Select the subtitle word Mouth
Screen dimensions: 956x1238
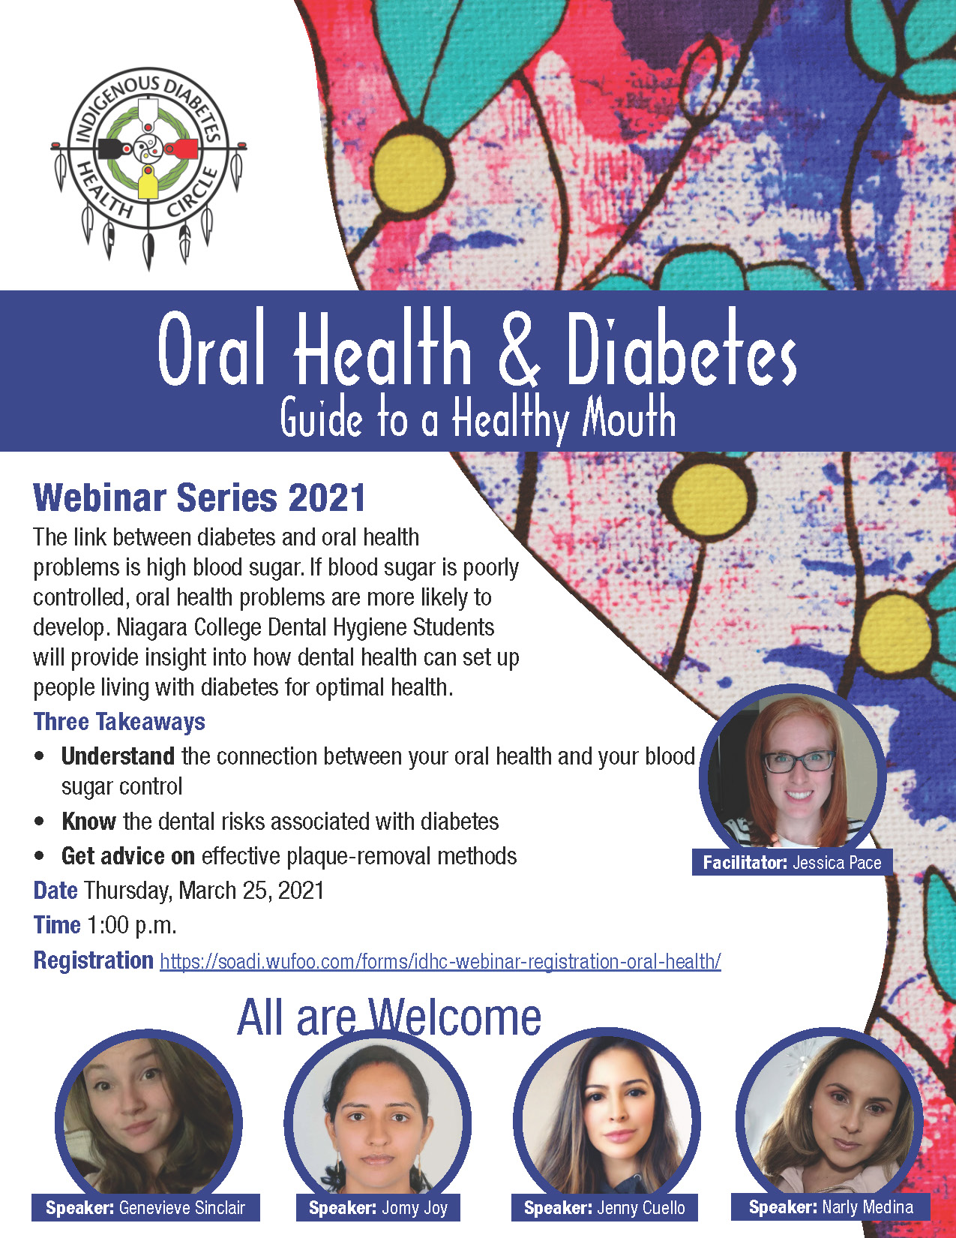(x=628, y=419)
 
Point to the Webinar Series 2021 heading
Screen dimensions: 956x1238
(x=199, y=498)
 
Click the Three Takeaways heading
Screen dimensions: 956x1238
(x=119, y=721)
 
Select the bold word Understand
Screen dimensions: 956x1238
(x=118, y=756)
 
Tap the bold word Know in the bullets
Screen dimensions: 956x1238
(x=88, y=821)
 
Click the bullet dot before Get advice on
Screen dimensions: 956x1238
(x=39, y=855)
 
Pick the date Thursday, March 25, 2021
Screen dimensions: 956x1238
(x=205, y=891)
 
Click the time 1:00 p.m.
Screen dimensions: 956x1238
(x=131, y=925)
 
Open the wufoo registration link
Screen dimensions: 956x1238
(x=440, y=961)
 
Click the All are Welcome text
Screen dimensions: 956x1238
(x=389, y=1017)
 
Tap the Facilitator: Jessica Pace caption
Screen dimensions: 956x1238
(x=792, y=863)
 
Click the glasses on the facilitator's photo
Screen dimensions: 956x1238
(x=799, y=762)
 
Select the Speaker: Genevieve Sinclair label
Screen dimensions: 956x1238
(x=145, y=1207)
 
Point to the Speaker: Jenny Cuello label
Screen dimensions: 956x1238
(x=604, y=1207)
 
